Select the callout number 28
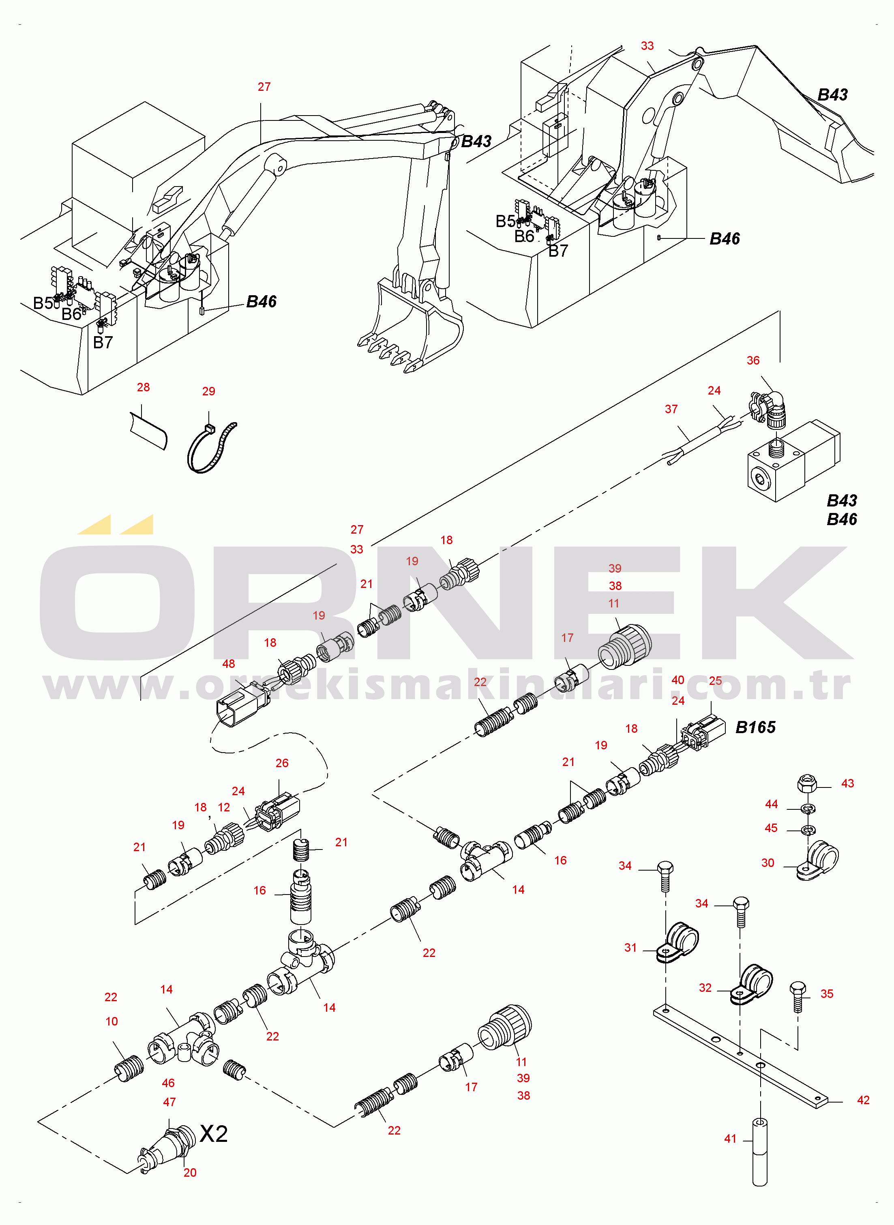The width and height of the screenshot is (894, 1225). [144, 387]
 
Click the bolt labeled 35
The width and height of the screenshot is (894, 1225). [798, 997]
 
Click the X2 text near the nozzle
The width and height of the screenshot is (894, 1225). [214, 1134]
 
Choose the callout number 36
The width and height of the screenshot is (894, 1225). [753, 361]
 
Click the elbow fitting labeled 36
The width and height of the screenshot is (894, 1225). [769, 410]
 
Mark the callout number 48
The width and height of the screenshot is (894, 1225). [228, 664]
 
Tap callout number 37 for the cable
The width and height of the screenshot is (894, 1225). [671, 410]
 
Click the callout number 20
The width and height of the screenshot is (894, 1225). [190, 1173]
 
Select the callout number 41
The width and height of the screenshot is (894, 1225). [731, 1139]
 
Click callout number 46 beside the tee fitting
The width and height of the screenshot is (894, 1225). [168, 1083]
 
